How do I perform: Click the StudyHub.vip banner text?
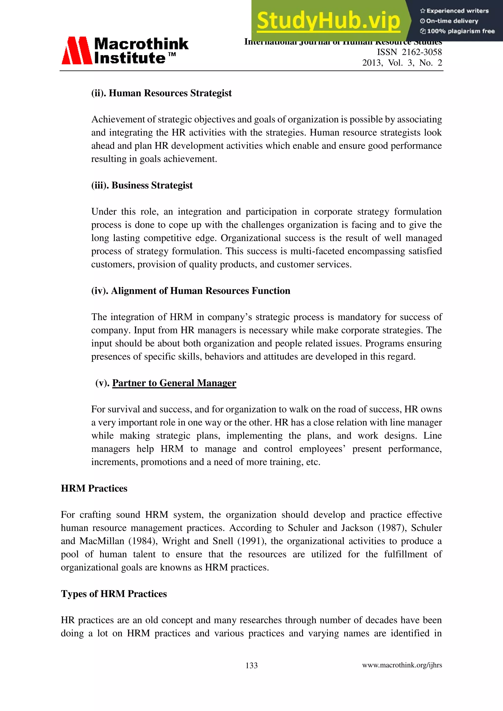pyautogui.click(x=328, y=21)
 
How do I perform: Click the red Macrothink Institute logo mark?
pyautogui.click(x=76, y=51)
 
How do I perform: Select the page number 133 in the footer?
pyautogui.click(x=251, y=665)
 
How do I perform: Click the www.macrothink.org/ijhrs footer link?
pyautogui.click(x=402, y=665)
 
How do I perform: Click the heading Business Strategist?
pyautogui.click(x=152, y=185)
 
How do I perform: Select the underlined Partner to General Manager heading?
pyautogui.click(x=174, y=383)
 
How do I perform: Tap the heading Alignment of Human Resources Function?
pyautogui.click(x=200, y=290)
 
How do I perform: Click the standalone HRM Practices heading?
pyautogui.click(x=94, y=488)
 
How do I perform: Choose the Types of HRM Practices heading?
pyautogui.click(x=114, y=594)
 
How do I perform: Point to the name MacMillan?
pyautogui.click(x=102, y=541)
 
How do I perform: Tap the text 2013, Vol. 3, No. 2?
pyautogui.click(x=402, y=63)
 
